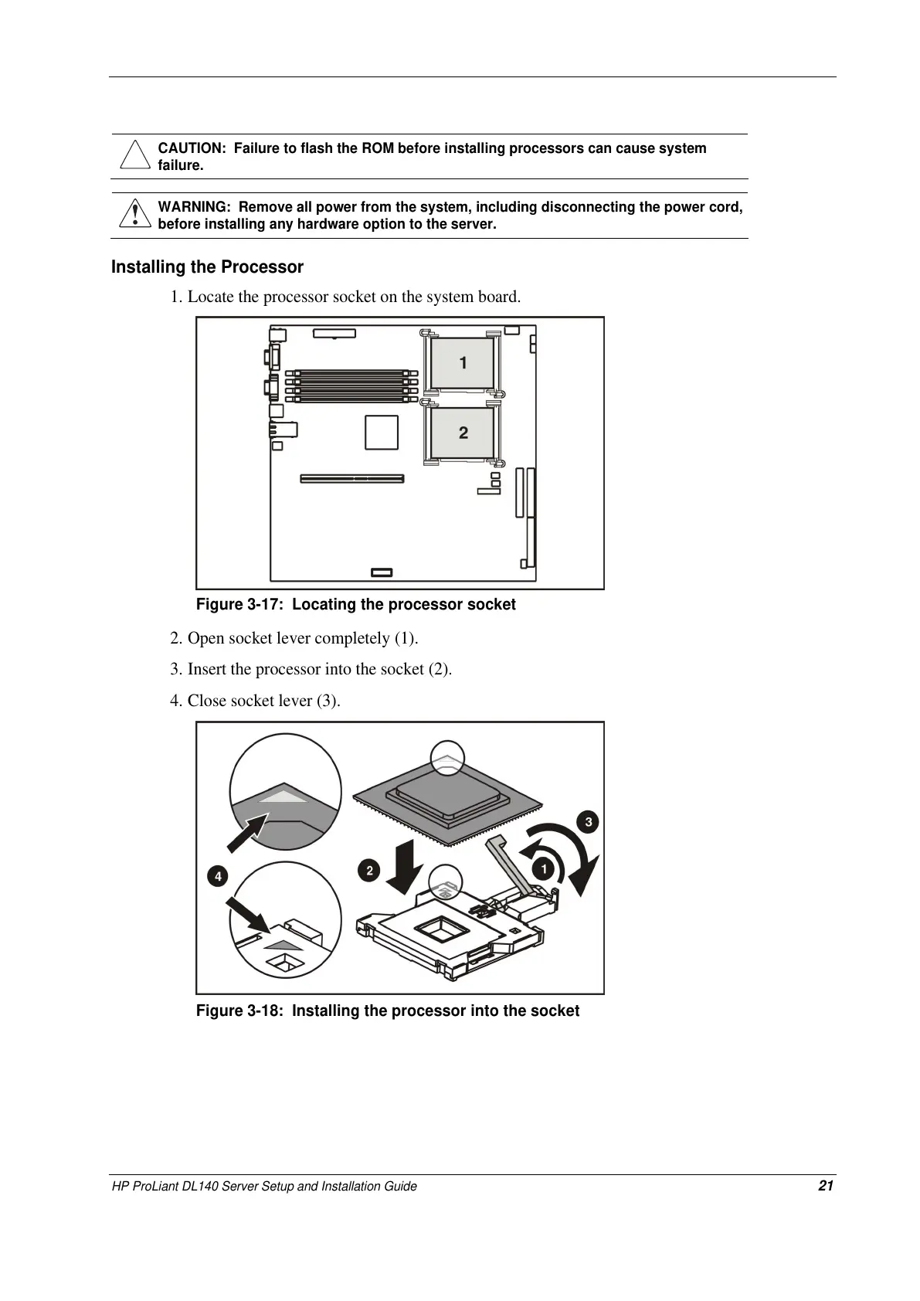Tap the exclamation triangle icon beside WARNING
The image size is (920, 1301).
[x=134, y=214]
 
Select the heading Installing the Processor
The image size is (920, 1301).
[x=207, y=267]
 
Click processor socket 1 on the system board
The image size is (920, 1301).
[x=462, y=362]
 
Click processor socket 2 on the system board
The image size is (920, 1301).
[x=462, y=433]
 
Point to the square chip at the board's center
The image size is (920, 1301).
[x=382, y=432]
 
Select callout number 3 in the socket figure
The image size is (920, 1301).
[x=588, y=821]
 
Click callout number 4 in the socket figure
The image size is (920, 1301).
[x=218, y=876]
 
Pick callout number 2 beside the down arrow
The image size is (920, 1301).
[x=369, y=871]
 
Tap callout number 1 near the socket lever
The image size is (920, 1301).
[x=544, y=869]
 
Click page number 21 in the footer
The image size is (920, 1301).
[x=826, y=1186]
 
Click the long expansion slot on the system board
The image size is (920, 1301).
[x=352, y=479]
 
